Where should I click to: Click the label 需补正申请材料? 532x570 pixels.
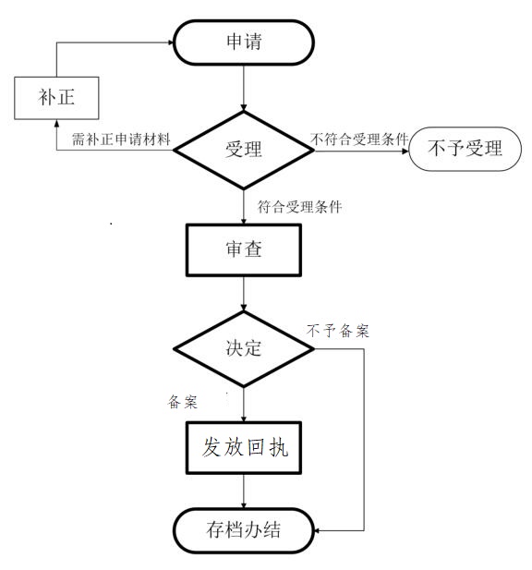tap(121, 139)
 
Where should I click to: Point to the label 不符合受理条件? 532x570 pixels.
tap(360, 139)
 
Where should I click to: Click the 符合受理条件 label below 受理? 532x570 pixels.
tap(300, 207)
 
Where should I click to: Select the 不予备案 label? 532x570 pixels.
tap(338, 331)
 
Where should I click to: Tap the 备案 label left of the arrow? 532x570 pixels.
tap(183, 402)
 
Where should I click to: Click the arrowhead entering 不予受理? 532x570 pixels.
tap(405, 151)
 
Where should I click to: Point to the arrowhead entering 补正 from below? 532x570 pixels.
tap(56, 124)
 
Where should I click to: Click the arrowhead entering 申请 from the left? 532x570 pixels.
tap(171, 42)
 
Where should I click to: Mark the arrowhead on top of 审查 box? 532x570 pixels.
tap(244, 220)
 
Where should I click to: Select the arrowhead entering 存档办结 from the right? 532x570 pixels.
tap(317, 531)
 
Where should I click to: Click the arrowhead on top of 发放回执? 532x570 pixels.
tap(244, 418)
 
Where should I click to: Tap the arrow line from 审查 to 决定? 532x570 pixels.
tap(244, 294)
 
